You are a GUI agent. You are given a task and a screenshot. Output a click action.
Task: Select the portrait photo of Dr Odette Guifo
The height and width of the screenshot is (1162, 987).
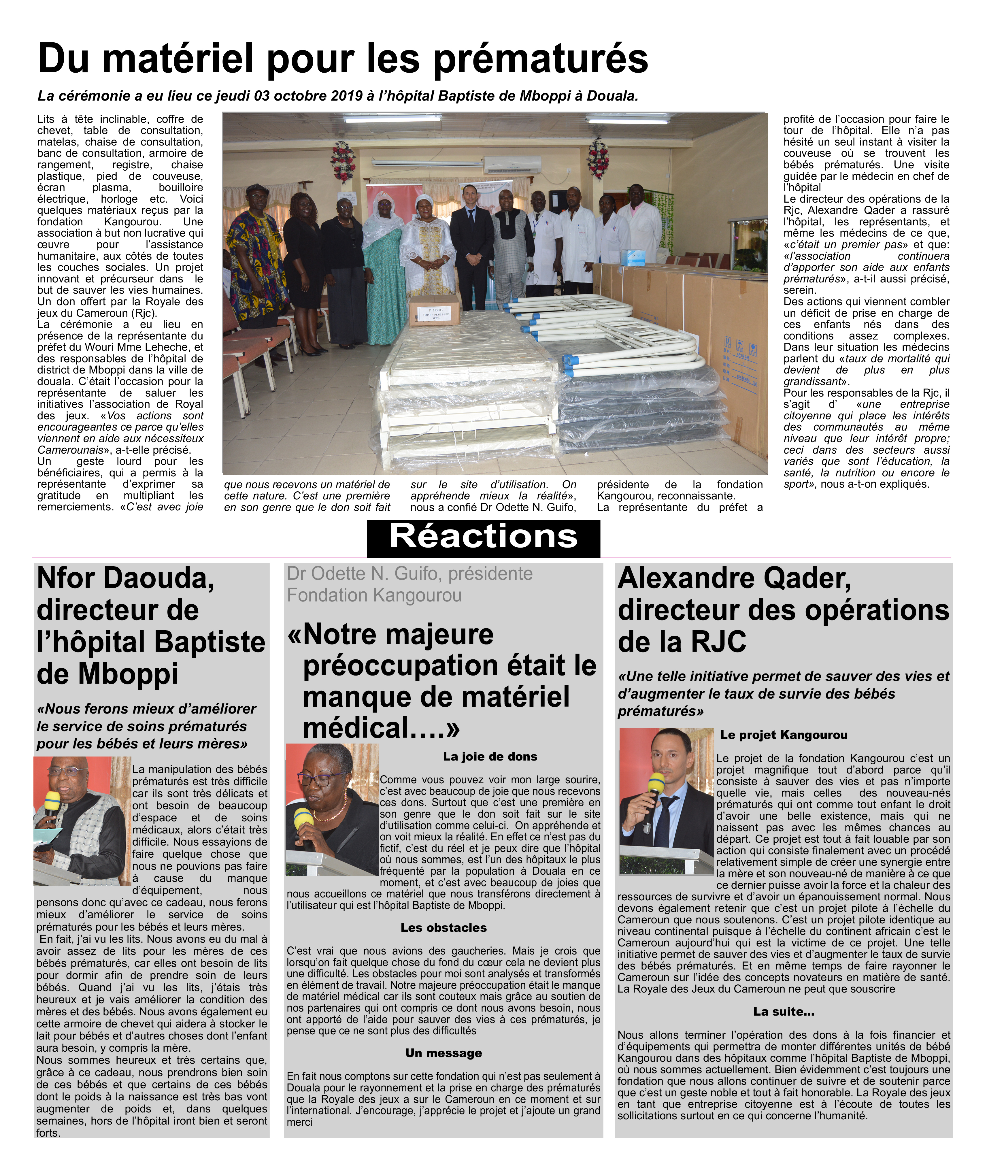[x=332, y=810]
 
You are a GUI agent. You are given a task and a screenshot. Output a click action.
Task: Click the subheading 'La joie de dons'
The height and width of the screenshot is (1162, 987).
[x=490, y=757]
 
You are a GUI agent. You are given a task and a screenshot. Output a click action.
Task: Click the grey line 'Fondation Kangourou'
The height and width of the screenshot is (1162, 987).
[x=374, y=595]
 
